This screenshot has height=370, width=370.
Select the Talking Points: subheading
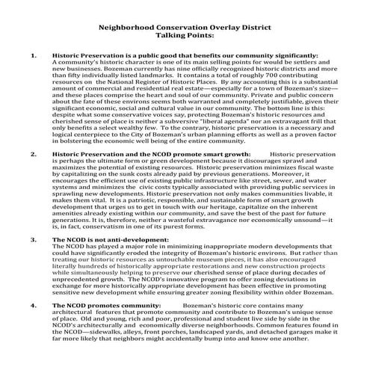(x=185, y=34)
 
